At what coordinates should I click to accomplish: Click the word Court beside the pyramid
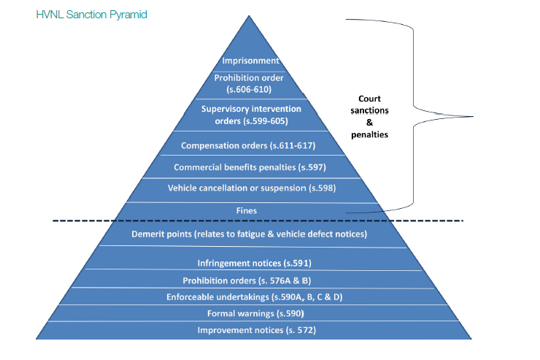point(369,99)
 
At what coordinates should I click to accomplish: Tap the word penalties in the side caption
point(369,135)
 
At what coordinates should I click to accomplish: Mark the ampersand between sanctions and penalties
point(369,123)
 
